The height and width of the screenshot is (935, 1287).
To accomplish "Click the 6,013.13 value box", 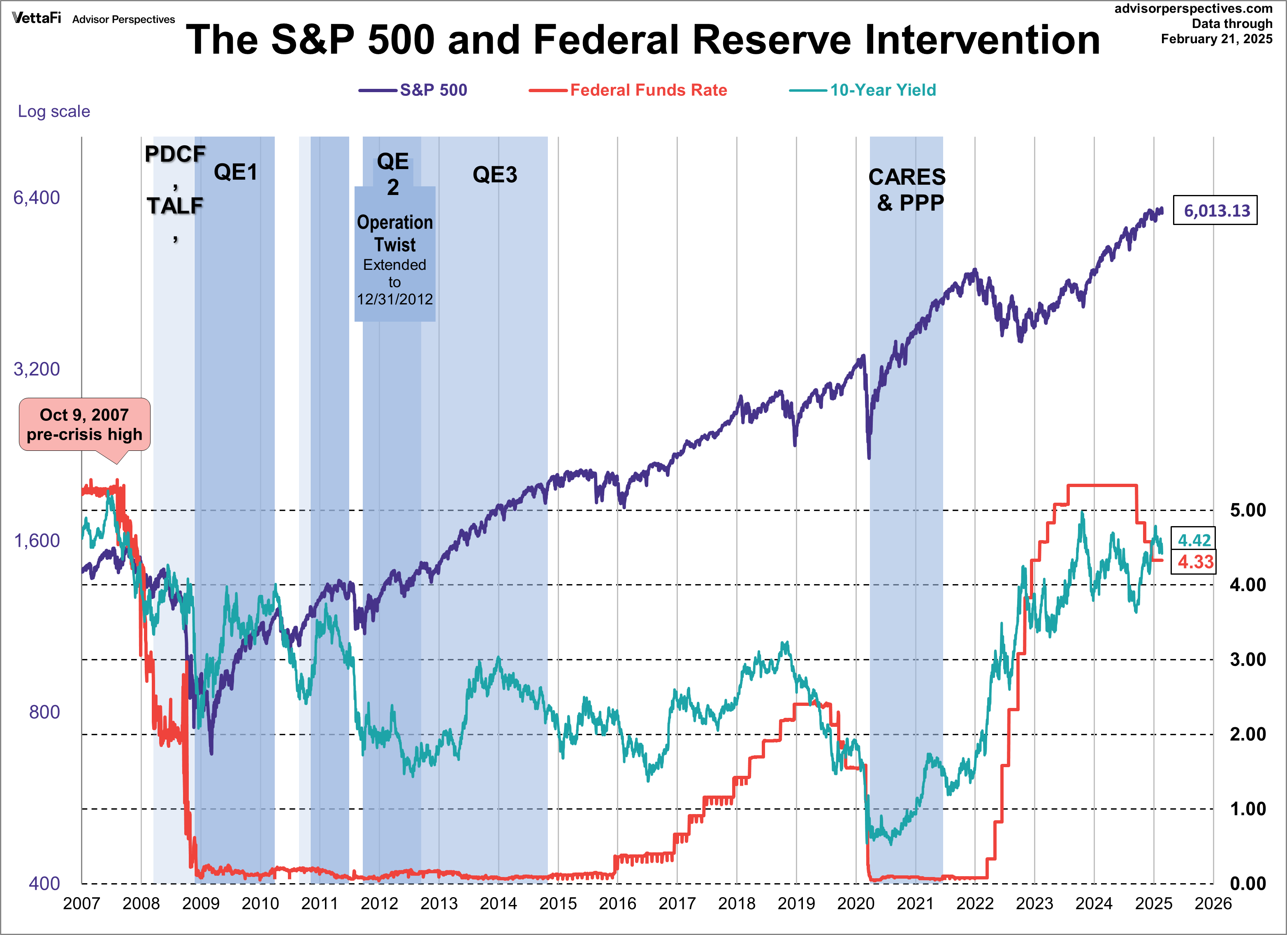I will coord(1215,211).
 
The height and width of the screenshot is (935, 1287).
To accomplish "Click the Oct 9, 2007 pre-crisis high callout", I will coord(85,425).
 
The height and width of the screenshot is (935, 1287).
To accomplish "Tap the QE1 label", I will coord(236,172).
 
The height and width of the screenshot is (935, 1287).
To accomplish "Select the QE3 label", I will coord(495,175).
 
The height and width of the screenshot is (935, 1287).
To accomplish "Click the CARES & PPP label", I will coord(907,190).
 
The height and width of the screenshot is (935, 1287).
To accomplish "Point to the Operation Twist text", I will coord(395,233).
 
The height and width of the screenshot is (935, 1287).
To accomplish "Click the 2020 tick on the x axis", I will coord(856,903).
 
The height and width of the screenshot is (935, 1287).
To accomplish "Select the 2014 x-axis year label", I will coord(498,903).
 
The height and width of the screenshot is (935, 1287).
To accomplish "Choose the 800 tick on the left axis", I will coord(44,712).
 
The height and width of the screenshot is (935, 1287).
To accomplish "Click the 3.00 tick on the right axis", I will coord(1247,659).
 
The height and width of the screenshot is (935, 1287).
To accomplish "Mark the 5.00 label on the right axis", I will coord(1247,510).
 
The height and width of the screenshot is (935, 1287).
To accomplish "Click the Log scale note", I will coord(54,111).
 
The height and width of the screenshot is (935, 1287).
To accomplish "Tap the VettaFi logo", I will coord(36,18).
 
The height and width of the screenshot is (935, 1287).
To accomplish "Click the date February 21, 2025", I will coord(1216,39).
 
